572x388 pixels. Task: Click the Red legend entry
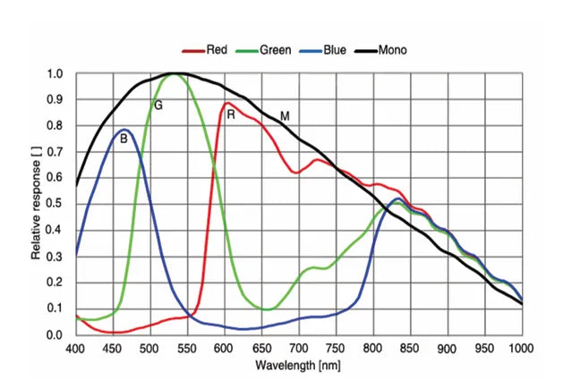pos(207,50)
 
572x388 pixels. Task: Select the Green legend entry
pos(269,50)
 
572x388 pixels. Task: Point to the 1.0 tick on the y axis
pos(55,74)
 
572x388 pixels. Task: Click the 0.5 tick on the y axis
pos(55,204)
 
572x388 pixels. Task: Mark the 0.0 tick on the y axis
pos(55,334)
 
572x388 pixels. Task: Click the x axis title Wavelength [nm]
pos(298,367)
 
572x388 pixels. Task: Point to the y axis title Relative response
pos(35,204)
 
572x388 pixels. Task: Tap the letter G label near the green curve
pos(158,105)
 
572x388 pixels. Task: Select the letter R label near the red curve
pos(231,115)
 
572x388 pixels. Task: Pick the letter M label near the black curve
pos(285,116)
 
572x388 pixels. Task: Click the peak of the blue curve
pos(124,130)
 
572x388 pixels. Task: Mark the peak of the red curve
pos(227,103)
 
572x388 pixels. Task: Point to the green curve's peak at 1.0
pos(173,74)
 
